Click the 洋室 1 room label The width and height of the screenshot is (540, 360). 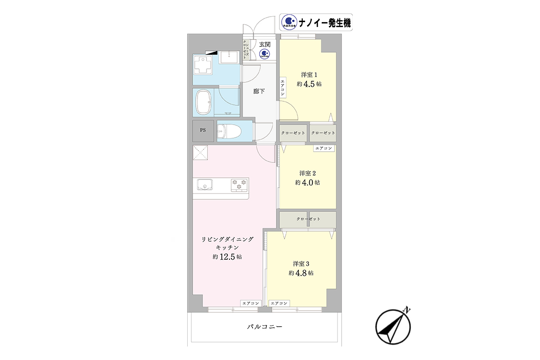(x=309, y=75)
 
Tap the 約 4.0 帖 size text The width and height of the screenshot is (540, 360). (x=307, y=183)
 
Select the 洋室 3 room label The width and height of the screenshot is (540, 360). (x=301, y=264)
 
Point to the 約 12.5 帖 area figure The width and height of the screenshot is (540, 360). (x=227, y=257)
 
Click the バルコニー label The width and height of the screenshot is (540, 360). (x=265, y=327)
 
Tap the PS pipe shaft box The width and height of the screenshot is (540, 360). (x=203, y=130)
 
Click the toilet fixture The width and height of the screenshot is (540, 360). (x=229, y=131)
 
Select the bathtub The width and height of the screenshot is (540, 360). (x=204, y=102)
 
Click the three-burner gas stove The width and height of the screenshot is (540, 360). (x=239, y=185)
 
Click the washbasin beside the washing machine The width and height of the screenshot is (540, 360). (x=229, y=57)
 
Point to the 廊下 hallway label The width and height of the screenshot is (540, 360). (x=259, y=91)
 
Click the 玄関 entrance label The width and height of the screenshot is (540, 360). (x=265, y=45)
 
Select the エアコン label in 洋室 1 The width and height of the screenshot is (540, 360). (x=283, y=88)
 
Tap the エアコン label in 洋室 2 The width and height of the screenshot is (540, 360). (x=324, y=148)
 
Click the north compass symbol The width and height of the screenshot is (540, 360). (x=393, y=326)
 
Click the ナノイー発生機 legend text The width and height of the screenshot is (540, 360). (x=324, y=23)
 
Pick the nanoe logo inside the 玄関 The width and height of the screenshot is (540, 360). (x=265, y=54)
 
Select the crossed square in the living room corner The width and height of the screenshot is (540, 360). (x=200, y=153)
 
